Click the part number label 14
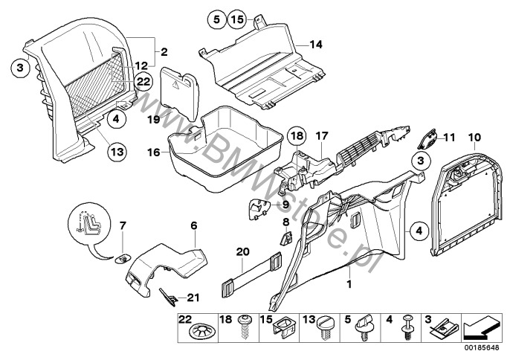316,45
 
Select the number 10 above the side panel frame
474,138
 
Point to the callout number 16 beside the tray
153,153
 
